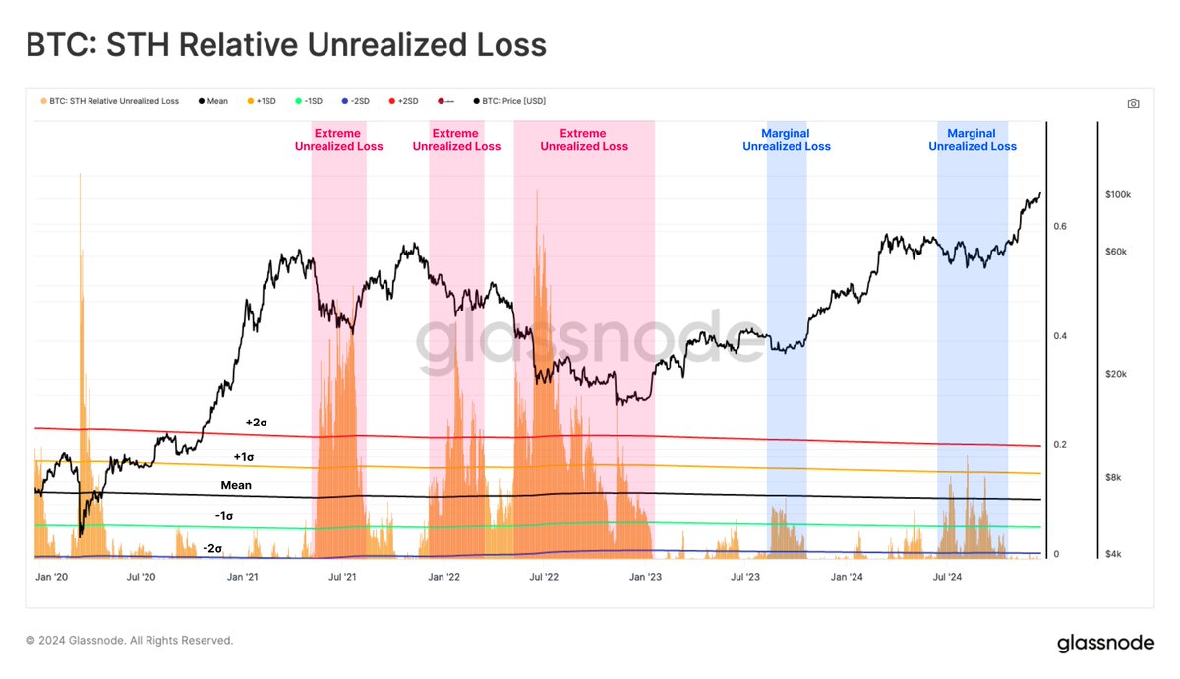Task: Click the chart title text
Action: click(x=285, y=45)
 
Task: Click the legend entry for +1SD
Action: click(x=265, y=101)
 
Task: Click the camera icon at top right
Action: click(x=1133, y=103)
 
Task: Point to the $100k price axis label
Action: click(x=1118, y=195)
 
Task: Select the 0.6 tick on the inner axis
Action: click(x=1061, y=227)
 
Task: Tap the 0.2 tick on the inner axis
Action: click(x=1061, y=445)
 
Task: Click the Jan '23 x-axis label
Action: click(x=646, y=578)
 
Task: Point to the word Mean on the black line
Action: click(x=236, y=485)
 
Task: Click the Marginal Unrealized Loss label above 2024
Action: click(x=972, y=140)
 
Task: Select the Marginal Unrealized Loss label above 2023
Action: click(x=786, y=140)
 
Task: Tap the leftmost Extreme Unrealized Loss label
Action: click(x=338, y=140)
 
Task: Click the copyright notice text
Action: click(x=130, y=640)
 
